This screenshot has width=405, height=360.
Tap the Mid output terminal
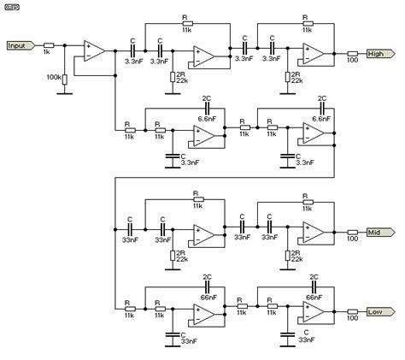click(x=379, y=232)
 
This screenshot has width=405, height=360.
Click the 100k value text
click(x=53, y=78)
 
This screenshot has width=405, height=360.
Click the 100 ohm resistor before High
click(x=351, y=53)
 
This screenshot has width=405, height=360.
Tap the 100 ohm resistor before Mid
click(x=351, y=232)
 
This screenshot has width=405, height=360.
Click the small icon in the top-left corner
click(x=13, y=8)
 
